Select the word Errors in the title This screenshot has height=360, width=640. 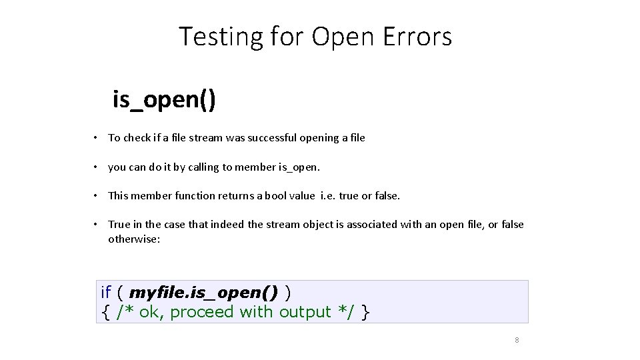(x=417, y=37)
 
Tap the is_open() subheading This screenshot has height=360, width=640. (x=163, y=100)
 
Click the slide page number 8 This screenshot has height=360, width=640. (x=517, y=340)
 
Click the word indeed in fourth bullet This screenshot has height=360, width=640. (x=228, y=225)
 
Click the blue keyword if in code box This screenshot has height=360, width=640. (x=105, y=292)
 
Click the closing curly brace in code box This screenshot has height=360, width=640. (x=365, y=312)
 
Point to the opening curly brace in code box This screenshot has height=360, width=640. (x=105, y=312)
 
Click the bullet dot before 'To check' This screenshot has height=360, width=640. (x=97, y=138)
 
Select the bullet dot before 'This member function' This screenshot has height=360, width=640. (x=97, y=196)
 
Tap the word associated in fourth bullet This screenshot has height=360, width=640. (x=372, y=225)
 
